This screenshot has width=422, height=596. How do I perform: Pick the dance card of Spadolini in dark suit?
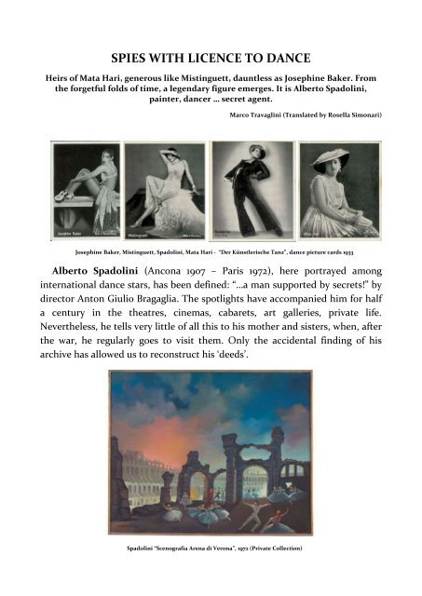click(251, 190)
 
